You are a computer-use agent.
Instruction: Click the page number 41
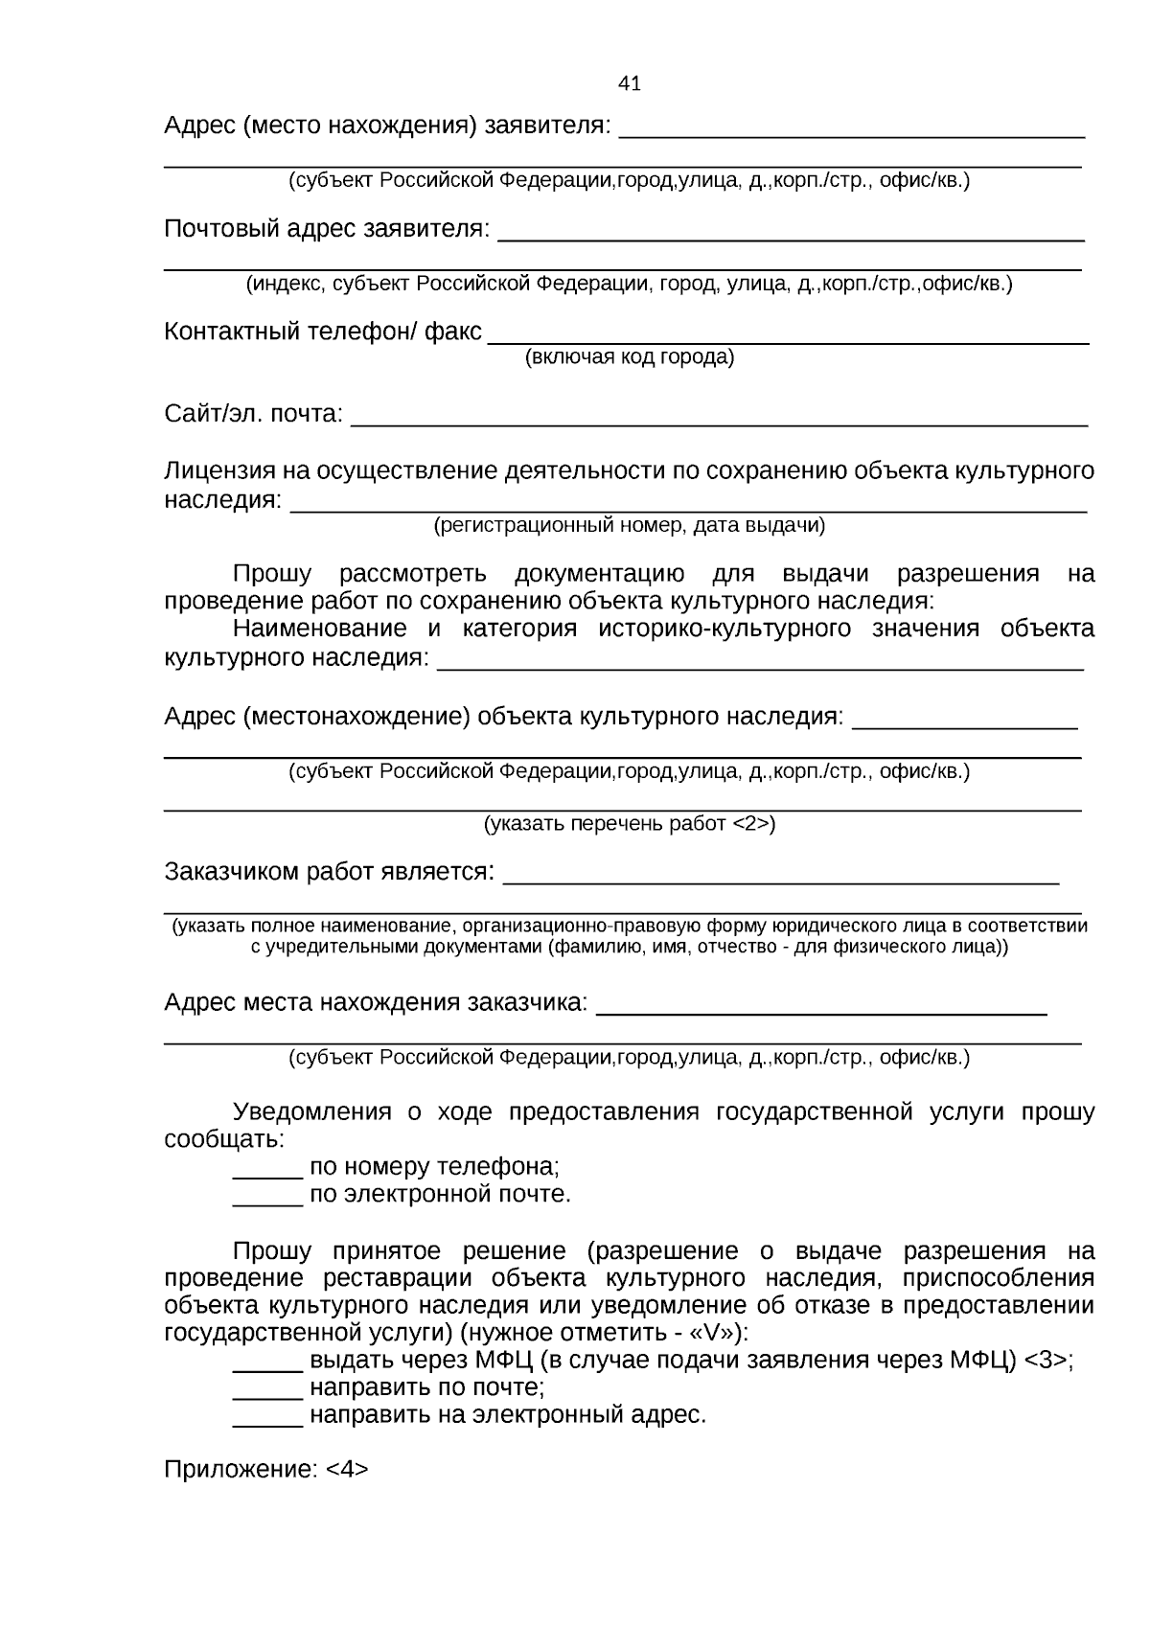(x=630, y=83)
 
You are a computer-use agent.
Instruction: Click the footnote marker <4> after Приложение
(x=347, y=1470)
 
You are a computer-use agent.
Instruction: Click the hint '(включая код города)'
(x=630, y=357)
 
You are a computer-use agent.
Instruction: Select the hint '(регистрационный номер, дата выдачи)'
(x=630, y=525)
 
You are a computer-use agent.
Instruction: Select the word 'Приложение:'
(x=241, y=1470)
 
